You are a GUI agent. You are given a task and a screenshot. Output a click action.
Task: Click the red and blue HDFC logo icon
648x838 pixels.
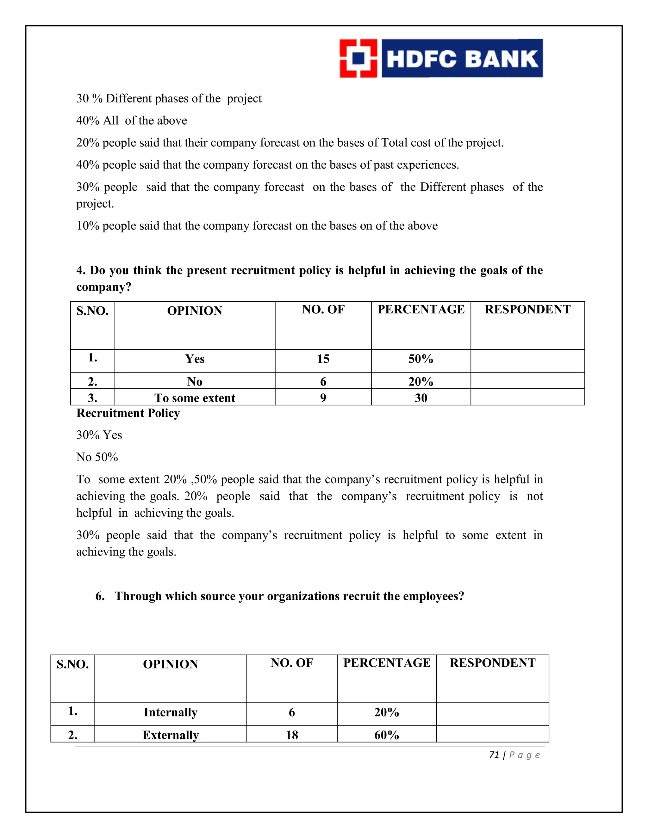pos(358,58)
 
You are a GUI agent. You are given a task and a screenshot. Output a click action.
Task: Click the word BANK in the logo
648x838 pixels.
pos(502,59)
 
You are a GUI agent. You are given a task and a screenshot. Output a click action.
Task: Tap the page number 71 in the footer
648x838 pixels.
pos(494,755)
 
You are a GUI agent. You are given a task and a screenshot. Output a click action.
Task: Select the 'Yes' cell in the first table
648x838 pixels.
pos(195,359)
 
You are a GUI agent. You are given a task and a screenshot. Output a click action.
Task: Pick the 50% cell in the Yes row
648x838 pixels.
pos(421,359)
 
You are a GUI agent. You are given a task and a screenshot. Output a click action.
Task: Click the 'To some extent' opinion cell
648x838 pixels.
pos(195,398)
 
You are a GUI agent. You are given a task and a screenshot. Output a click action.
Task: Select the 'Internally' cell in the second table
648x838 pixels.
pos(171,712)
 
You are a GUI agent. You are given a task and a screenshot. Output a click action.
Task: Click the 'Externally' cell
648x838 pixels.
pos(171,735)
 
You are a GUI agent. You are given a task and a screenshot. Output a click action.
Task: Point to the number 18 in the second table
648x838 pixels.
pos(292,735)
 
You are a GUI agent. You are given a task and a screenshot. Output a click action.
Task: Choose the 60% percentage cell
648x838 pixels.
pos(387,735)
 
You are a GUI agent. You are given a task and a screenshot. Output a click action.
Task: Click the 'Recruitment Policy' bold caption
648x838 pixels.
pos(128,413)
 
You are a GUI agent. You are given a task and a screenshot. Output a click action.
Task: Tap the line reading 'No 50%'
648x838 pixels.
pos(97,457)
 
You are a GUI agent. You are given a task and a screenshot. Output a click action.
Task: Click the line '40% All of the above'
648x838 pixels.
pos(132,120)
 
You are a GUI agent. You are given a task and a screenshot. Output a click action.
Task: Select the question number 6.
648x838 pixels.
pos(100,596)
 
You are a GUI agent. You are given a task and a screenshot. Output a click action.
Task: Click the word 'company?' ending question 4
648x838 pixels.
pos(104,287)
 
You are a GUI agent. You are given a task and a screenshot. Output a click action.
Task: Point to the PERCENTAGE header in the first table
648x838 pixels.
pos(421,309)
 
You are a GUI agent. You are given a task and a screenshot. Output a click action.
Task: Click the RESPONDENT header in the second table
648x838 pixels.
pos(493,662)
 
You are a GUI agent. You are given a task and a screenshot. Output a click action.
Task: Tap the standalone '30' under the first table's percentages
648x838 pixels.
pos(421,398)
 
